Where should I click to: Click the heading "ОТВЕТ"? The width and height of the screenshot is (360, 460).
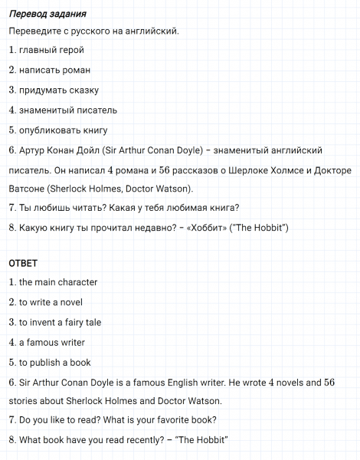click(24, 263)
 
